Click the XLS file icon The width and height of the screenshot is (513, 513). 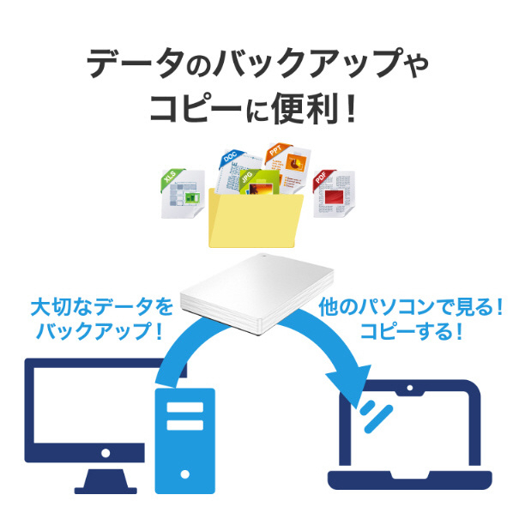tap(183, 193)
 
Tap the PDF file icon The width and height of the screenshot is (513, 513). tap(334, 193)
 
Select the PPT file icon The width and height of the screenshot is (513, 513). tap(288, 168)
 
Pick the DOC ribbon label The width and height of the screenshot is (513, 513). tap(231, 157)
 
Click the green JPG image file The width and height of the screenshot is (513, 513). tap(260, 182)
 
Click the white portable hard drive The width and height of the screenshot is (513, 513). tap(257, 294)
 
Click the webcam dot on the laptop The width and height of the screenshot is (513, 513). tap(409, 388)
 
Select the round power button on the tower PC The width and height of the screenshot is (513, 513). tap(184, 474)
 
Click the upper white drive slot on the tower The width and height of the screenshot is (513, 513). tap(184, 407)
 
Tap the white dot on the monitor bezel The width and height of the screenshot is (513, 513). tap(106, 453)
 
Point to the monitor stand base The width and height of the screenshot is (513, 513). tap(106, 491)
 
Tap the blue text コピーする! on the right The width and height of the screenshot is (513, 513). tap(412, 331)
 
